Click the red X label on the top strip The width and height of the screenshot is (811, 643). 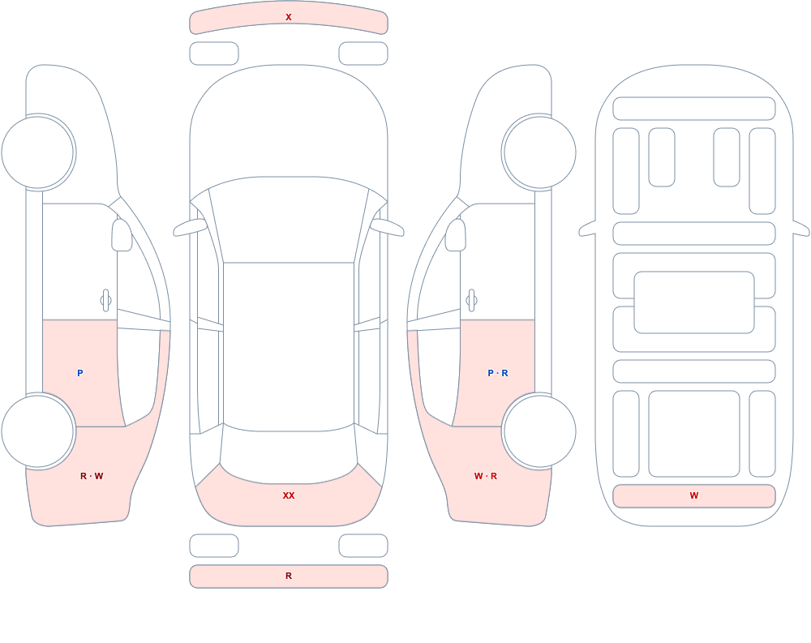coord(289,17)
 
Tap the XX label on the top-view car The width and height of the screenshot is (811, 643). coord(289,495)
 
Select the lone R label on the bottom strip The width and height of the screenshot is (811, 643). coord(289,576)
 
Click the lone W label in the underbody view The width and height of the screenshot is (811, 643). coord(694,495)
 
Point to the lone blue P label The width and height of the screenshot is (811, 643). coord(79,373)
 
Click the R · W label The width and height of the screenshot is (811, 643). coord(92,476)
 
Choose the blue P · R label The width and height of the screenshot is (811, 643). coord(498,373)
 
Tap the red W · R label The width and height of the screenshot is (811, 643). coord(486,476)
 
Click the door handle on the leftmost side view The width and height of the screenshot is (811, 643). coord(105,301)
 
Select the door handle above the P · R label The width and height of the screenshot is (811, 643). coord(471,301)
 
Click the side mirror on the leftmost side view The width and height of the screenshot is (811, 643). coord(122,235)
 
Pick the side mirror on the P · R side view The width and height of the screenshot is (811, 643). coord(456,235)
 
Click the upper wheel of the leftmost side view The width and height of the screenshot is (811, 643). coord(38,152)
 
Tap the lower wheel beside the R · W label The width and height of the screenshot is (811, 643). coord(38,431)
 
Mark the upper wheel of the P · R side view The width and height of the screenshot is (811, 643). coord(539,152)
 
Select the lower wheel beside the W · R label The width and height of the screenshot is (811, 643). coord(539,431)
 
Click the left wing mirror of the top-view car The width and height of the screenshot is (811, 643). coord(190,227)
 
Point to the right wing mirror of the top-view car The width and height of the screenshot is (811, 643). coord(388,227)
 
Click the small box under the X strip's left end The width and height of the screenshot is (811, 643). coord(214,54)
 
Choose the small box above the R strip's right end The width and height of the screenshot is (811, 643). coord(363,546)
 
